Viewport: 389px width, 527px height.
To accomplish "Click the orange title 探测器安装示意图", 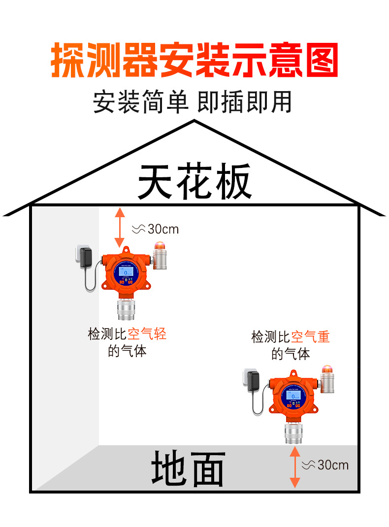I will pos(194,61).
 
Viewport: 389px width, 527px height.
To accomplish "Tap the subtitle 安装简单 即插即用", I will pos(193,102).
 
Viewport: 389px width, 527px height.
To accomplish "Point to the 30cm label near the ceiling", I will pos(156,229).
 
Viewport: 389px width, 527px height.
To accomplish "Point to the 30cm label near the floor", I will pos(325,465).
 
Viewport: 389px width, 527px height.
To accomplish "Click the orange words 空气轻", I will pos(147,334).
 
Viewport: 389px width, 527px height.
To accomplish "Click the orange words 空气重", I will pos(310,337).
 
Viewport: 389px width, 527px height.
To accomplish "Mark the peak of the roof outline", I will pos(194,122).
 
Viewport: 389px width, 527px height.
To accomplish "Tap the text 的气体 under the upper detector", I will pos(127,352).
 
